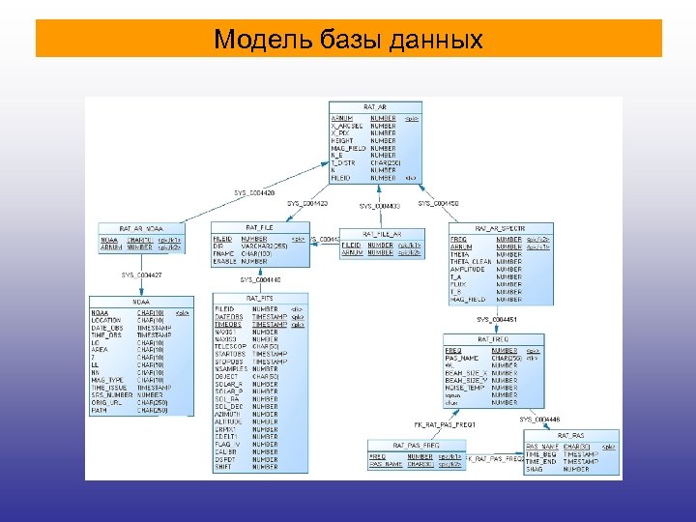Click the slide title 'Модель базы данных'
[x=348, y=40]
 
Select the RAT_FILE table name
[x=258, y=226]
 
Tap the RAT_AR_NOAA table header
[x=141, y=227]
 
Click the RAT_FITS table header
[x=259, y=298]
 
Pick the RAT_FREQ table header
[x=494, y=339]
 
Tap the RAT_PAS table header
[x=570, y=435]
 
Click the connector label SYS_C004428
[x=254, y=193]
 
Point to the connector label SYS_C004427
[x=141, y=275]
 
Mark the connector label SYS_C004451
[x=497, y=319]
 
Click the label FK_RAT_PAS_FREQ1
[x=441, y=424]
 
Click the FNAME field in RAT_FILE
[x=223, y=253]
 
